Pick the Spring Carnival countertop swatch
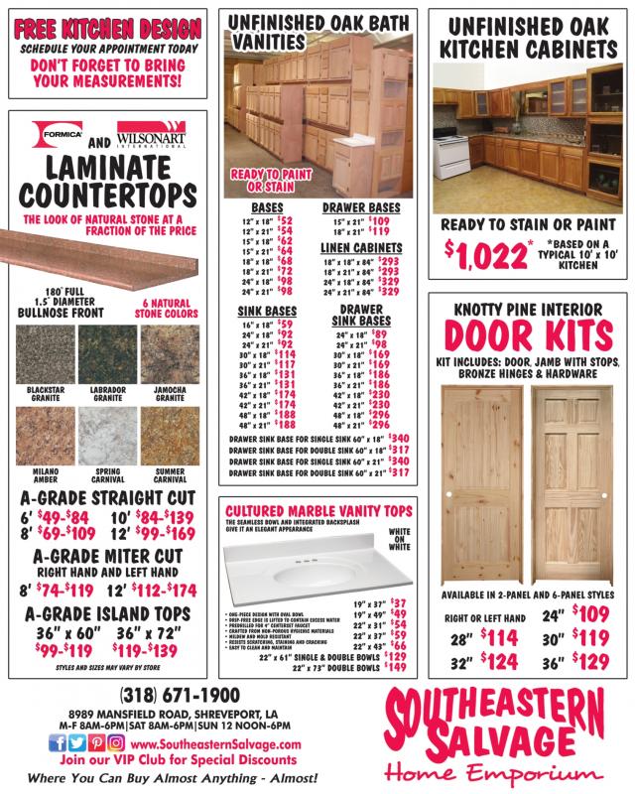point(111,438)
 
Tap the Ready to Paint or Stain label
point(262,180)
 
